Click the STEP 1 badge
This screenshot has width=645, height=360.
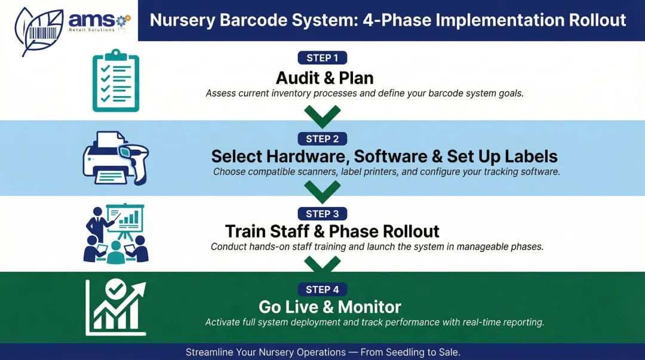click(x=322, y=58)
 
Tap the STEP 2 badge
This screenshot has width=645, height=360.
click(x=322, y=139)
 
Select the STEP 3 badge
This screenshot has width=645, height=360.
click(x=322, y=214)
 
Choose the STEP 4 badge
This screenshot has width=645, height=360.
click(x=322, y=289)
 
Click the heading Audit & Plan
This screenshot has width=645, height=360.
click(x=324, y=78)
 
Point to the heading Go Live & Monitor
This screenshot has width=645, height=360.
click(x=330, y=307)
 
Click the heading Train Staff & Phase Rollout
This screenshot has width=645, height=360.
click(x=332, y=232)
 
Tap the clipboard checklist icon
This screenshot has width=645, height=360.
click(x=116, y=81)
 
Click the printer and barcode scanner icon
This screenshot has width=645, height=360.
click(x=115, y=158)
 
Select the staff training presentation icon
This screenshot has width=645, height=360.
click(x=116, y=233)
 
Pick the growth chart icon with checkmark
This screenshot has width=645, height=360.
click(x=116, y=307)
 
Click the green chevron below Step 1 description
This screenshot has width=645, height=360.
click(x=322, y=115)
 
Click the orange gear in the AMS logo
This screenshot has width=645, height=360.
click(x=123, y=21)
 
